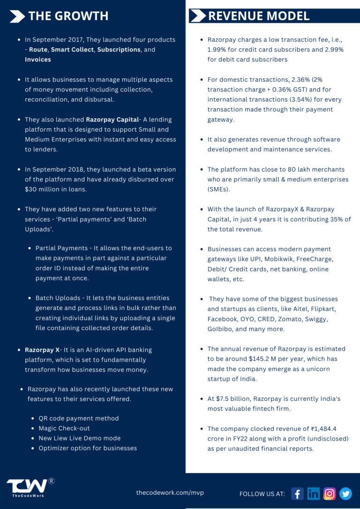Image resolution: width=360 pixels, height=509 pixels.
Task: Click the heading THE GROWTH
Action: (68, 16)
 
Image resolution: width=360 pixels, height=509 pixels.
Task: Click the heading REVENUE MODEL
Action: (259, 16)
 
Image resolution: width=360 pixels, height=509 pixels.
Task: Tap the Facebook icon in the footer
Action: (297, 494)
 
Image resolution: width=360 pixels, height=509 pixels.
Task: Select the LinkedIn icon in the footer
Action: (313, 494)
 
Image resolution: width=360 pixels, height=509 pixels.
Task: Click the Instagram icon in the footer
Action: (330, 494)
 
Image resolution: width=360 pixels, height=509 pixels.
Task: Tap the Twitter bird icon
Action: (345, 494)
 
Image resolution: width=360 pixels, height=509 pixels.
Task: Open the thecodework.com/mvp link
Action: (170, 493)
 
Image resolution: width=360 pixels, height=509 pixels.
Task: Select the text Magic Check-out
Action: (64, 428)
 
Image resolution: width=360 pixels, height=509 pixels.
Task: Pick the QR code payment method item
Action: (79, 419)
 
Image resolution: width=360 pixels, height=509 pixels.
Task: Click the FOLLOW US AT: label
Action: (262, 494)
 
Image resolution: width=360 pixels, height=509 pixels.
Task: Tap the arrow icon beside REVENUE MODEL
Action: (197, 16)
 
